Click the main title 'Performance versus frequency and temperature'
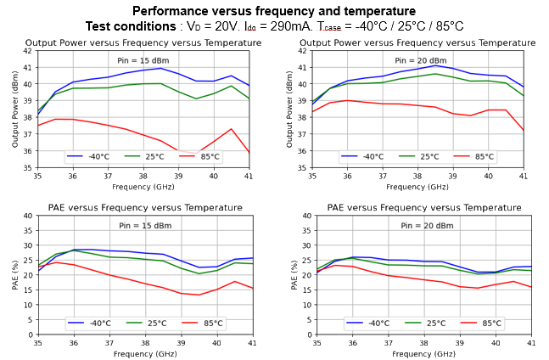pyautogui.click(x=274, y=11)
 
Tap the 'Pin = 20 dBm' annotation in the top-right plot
pyautogui.click(x=420, y=60)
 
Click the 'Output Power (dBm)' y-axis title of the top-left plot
pyautogui.click(x=15, y=110)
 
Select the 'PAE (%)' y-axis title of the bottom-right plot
pyautogui.click(x=294, y=275)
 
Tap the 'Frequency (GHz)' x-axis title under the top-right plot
pyautogui.click(x=417, y=187)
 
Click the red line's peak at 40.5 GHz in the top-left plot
pyautogui.click(x=231, y=129)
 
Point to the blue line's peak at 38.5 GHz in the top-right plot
pyautogui.click(x=435, y=65)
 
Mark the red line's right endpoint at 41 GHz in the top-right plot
pyautogui.click(x=523, y=131)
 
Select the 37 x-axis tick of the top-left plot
pyautogui.click(x=108, y=176)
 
